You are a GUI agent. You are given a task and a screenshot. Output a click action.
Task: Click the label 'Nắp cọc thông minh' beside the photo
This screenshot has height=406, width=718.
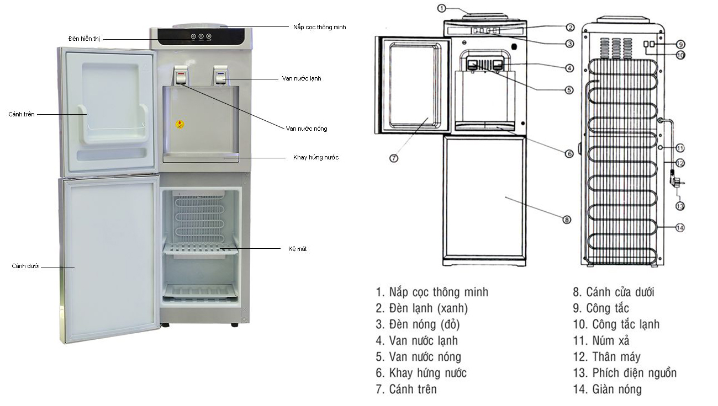(319, 27)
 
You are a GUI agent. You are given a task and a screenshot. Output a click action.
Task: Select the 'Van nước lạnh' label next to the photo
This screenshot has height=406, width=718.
(301, 79)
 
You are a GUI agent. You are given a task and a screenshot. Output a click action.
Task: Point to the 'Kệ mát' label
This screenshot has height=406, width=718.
(298, 249)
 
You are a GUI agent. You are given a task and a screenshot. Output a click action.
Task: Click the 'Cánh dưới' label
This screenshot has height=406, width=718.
(25, 266)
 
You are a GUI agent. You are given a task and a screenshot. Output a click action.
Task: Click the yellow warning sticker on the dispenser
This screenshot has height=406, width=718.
(179, 124)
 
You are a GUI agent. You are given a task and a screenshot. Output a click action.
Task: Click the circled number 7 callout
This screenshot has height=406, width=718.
(394, 158)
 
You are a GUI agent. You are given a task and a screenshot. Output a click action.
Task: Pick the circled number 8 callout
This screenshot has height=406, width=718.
(566, 220)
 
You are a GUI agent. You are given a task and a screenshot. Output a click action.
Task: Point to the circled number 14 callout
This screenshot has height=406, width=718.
(680, 227)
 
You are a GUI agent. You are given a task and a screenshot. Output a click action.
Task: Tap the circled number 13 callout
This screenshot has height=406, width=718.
(680, 206)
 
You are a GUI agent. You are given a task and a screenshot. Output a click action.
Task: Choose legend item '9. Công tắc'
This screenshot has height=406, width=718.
(600, 308)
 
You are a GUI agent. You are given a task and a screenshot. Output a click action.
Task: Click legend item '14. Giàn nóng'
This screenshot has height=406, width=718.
(607, 389)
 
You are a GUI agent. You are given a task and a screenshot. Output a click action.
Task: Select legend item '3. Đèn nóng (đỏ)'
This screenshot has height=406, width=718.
(417, 324)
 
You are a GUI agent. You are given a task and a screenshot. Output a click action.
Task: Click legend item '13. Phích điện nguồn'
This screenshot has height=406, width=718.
(624, 373)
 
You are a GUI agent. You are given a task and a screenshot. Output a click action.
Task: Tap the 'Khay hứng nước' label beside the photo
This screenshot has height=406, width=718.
(315, 158)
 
